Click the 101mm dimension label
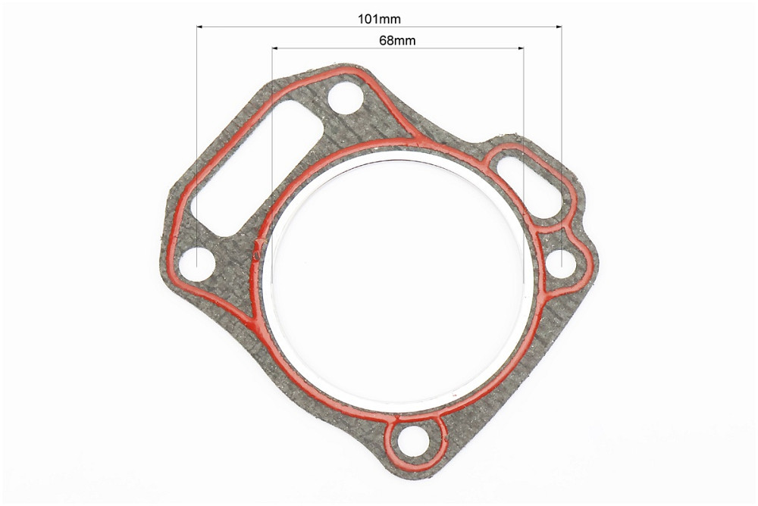coord(379,19)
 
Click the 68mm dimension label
coord(397,40)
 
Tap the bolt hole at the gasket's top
coord(346,99)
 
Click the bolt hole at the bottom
coord(413,440)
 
